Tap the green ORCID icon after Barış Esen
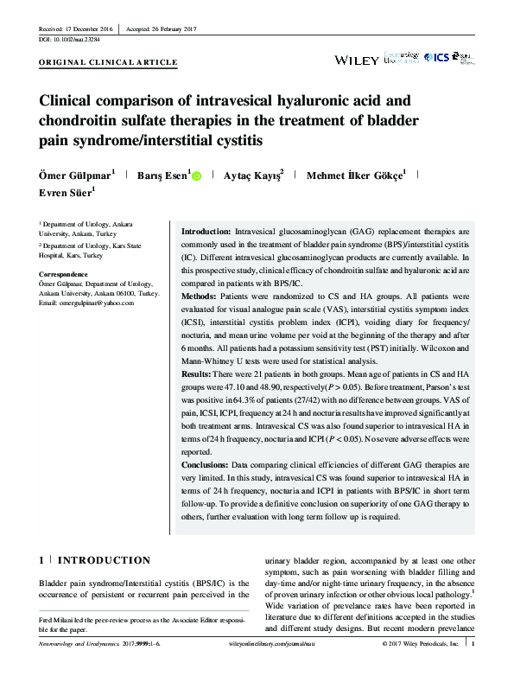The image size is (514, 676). coord(196,175)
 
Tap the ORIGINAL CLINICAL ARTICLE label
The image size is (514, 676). coord(109,62)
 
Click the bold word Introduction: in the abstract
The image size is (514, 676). coord(206,233)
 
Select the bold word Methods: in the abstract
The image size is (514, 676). coord(200,297)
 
